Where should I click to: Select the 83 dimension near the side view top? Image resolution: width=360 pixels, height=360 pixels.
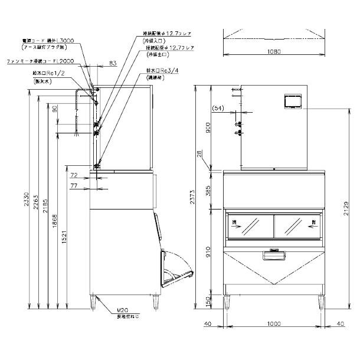point(112,62)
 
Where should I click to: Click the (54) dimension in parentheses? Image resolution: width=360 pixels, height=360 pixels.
point(218,109)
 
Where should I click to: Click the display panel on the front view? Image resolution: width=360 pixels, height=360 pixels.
point(293,101)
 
